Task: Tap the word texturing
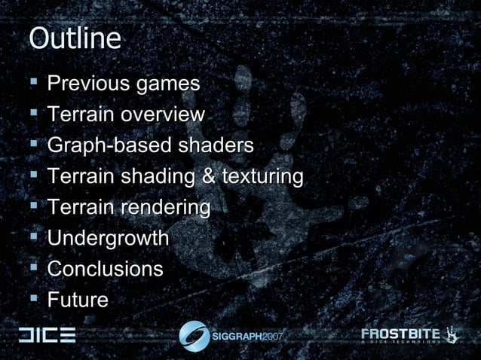[260, 176]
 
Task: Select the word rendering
[166, 207]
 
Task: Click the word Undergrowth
[108, 238]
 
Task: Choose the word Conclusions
[105, 269]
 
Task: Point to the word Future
[78, 300]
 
